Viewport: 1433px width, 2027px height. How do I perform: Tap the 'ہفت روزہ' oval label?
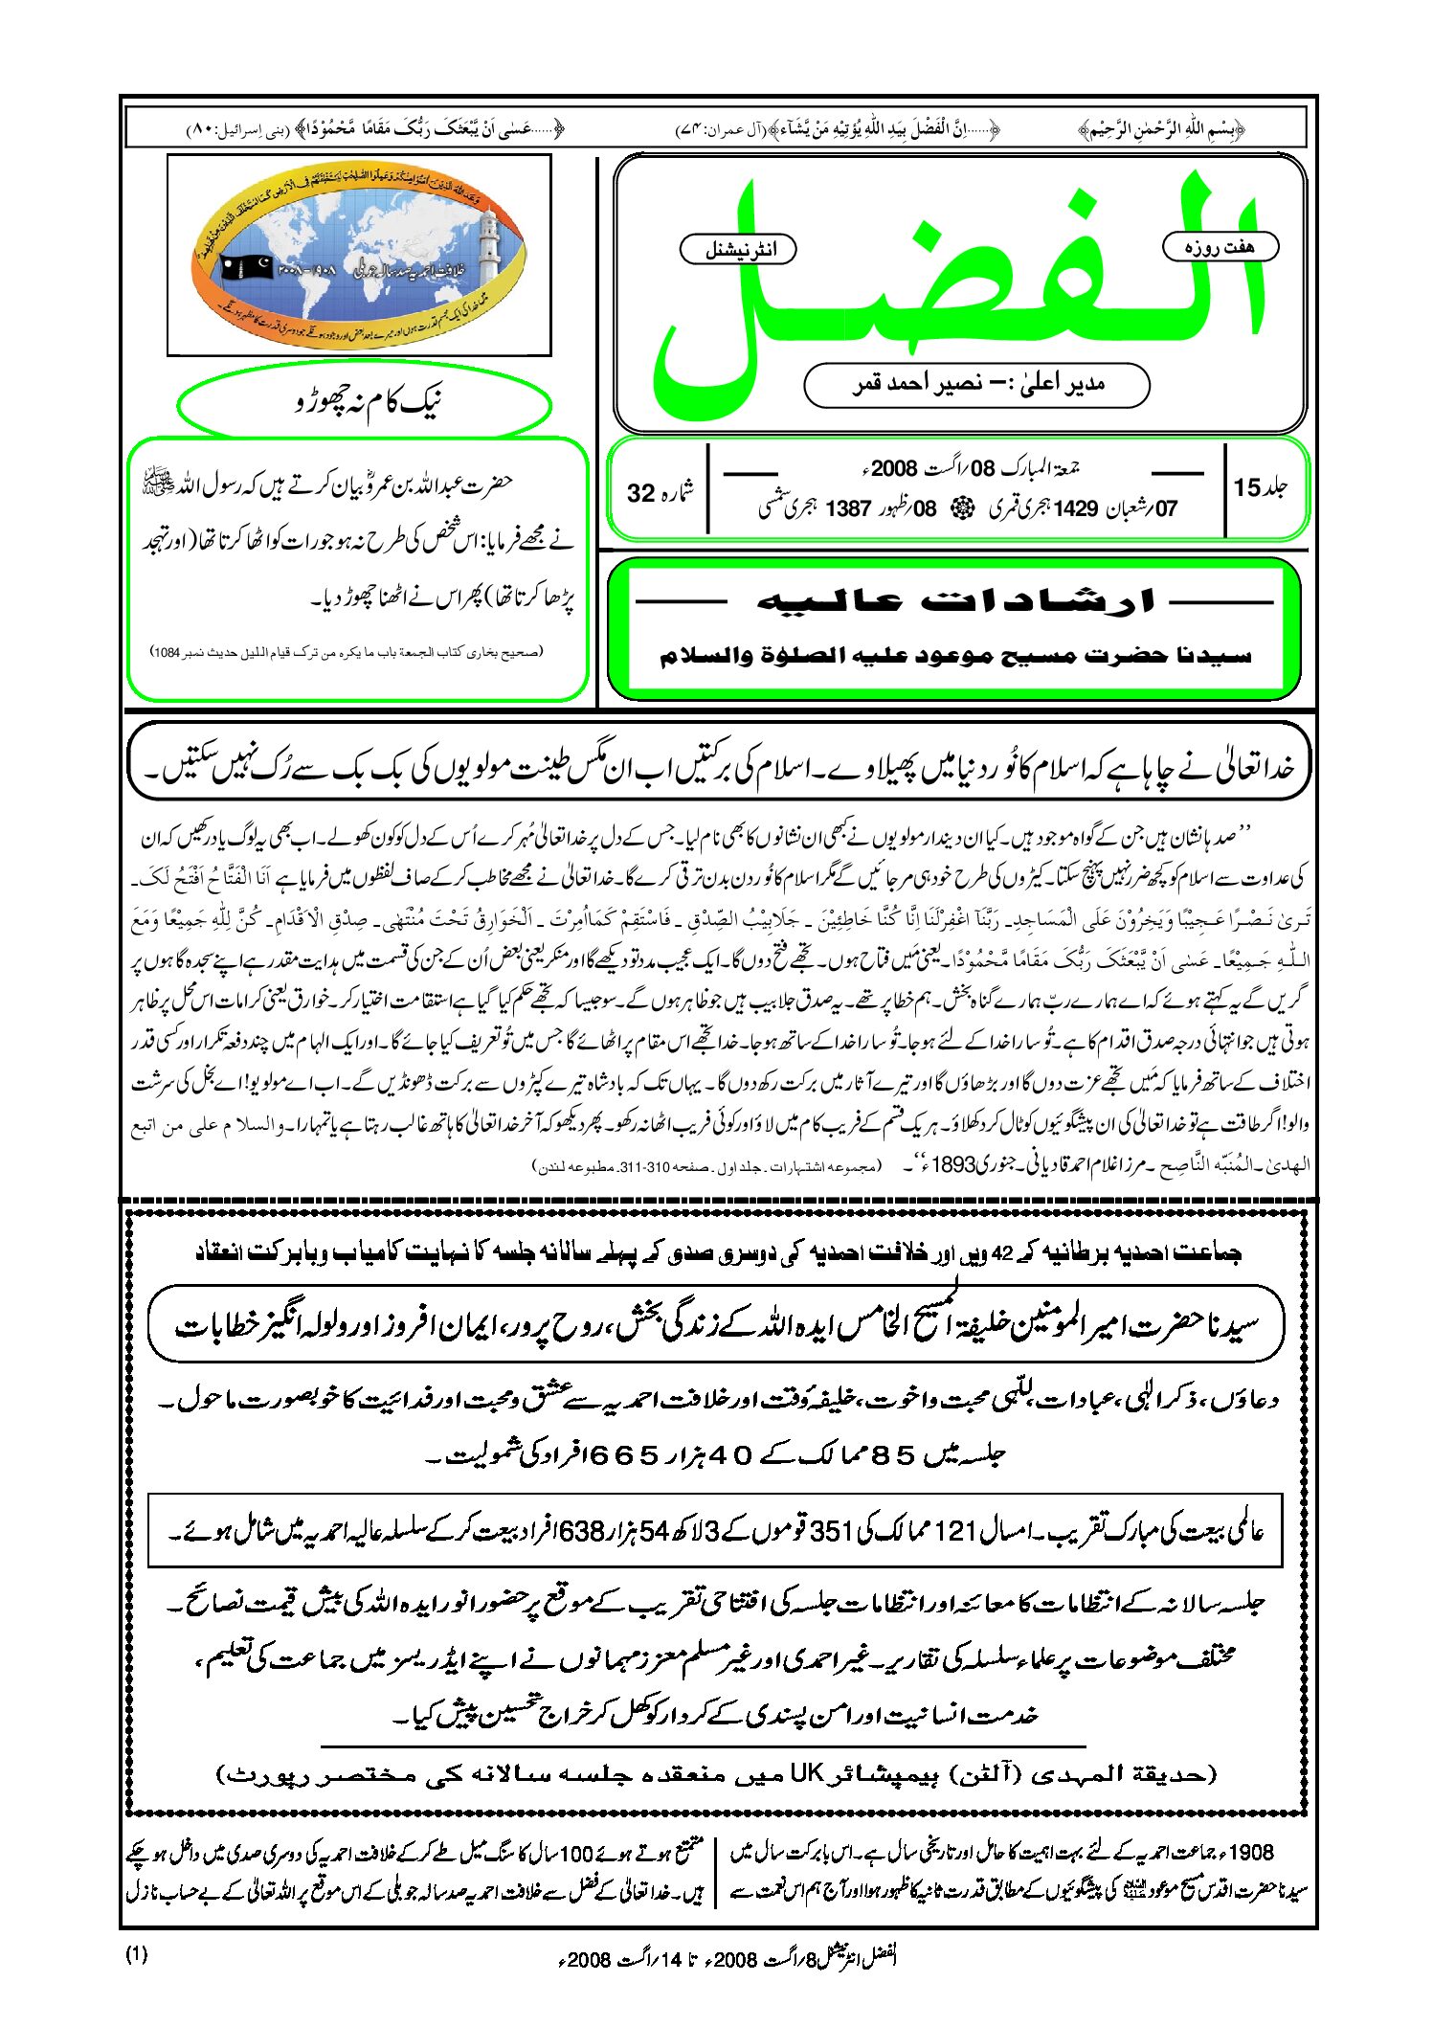pos(1220,247)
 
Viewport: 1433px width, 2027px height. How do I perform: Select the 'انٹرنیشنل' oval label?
pos(738,250)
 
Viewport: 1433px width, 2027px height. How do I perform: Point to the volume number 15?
pos(1246,488)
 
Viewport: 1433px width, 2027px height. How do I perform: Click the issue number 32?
pos(640,493)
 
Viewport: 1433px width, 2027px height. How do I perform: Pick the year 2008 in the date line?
pos(894,469)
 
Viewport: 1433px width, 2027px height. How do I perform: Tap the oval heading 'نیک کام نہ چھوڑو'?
pos(367,403)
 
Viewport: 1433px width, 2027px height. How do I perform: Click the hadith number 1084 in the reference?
pos(167,652)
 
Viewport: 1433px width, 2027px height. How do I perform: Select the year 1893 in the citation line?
pos(952,1165)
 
